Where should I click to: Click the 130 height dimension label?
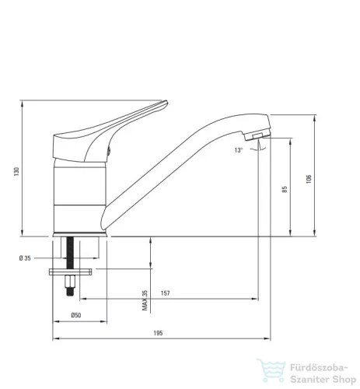click(16, 171)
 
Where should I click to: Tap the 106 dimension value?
click(309, 179)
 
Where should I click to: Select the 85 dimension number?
click(285, 189)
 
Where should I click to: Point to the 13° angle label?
click(239, 150)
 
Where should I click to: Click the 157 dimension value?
click(166, 293)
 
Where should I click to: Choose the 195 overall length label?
click(158, 333)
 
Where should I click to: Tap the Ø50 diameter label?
click(76, 315)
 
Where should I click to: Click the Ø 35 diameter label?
click(25, 258)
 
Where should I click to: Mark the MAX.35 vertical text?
click(145, 300)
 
